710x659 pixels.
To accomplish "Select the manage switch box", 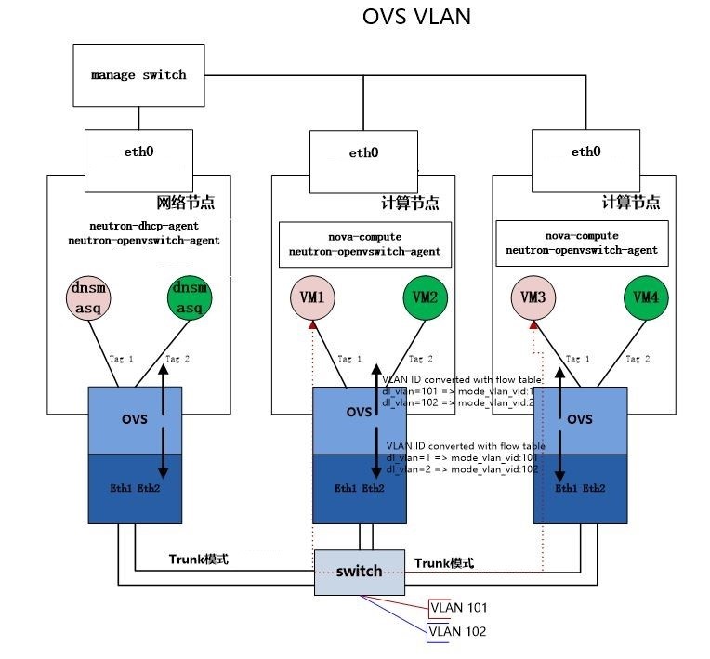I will [x=138, y=74].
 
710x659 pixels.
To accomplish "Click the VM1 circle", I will [x=313, y=298].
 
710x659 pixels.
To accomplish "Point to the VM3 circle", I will [x=533, y=298].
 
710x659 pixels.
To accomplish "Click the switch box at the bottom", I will [x=359, y=572].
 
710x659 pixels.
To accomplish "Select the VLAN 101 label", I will [x=458, y=608].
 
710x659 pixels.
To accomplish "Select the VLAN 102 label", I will [x=458, y=631].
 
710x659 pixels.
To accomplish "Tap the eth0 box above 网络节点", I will [x=138, y=152].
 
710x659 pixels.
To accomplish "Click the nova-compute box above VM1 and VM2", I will [x=365, y=244].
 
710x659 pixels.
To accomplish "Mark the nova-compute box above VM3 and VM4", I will [x=582, y=243].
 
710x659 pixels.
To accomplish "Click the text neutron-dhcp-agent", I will [x=144, y=226].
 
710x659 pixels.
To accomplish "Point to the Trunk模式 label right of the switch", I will [x=444, y=563].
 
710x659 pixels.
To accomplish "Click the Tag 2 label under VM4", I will [x=638, y=359].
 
